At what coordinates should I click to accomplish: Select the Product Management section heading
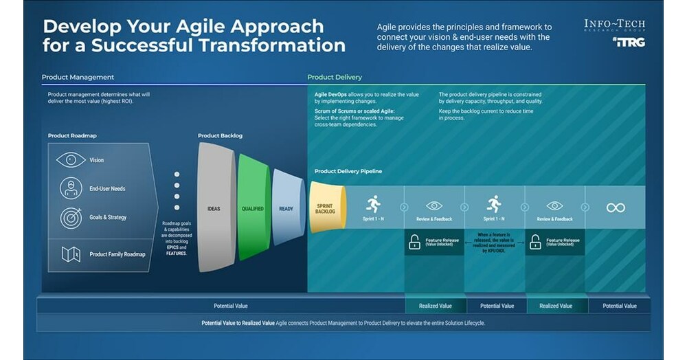(x=78, y=77)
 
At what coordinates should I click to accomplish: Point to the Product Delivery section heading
(x=335, y=77)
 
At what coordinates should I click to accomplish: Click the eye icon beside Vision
(x=71, y=159)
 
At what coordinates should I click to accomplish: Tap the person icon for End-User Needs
(x=71, y=188)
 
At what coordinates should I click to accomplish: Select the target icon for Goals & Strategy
(x=71, y=217)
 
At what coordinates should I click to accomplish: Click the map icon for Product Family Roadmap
(x=71, y=254)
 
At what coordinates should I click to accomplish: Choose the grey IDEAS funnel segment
(x=214, y=207)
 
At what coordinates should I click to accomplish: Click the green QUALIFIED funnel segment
(x=252, y=207)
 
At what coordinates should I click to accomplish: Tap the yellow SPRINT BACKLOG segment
(x=324, y=207)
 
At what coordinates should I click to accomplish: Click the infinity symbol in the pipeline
(x=616, y=207)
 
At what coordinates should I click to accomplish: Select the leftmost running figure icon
(x=373, y=203)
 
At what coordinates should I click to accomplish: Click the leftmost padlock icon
(x=414, y=242)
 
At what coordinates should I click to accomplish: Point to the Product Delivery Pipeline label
(x=348, y=171)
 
